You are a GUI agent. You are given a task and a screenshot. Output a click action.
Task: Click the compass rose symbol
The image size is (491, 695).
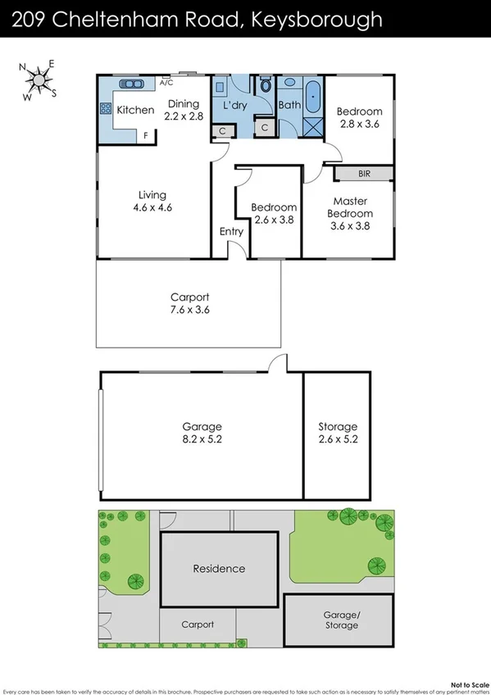pyautogui.click(x=38, y=79)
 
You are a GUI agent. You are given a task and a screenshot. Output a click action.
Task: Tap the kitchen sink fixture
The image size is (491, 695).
pyautogui.click(x=131, y=84)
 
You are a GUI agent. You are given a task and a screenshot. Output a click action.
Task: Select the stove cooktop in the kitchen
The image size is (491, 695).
pyautogui.click(x=105, y=107)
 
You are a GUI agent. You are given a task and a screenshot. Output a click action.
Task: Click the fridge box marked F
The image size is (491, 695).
pyautogui.click(x=147, y=136)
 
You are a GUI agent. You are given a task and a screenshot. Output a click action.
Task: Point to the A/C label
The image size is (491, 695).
pyautogui.click(x=166, y=83)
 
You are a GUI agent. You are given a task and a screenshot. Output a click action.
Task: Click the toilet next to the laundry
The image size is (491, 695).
pyautogui.click(x=265, y=85)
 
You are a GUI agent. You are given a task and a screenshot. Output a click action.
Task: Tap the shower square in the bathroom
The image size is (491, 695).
pyautogui.click(x=312, y=127)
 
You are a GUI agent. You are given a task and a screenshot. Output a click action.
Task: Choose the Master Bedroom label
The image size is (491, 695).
pyautogui.click(x=350, y=213)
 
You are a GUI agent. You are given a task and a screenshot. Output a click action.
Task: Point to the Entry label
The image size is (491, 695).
pyautogui.click(x=231, y=232)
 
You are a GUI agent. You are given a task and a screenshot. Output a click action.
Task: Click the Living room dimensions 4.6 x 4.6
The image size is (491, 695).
pyautogui.click(x=153, y=207)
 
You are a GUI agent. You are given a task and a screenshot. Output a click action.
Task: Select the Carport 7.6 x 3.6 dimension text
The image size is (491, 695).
pyautogui.click(x=190, y=311)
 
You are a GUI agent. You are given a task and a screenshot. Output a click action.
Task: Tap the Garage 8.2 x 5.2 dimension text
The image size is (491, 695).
pyautogui.click(x=202, y=439)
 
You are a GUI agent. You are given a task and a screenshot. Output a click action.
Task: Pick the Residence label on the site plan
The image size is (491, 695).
pyautogui.click(x=219, y=568)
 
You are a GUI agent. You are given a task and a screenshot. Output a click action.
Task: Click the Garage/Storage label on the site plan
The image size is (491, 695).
pyautogui.click(x=341, y=620)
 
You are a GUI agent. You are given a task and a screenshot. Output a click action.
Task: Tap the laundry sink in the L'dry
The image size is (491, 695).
pyautogui.click(x=220, y=87)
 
